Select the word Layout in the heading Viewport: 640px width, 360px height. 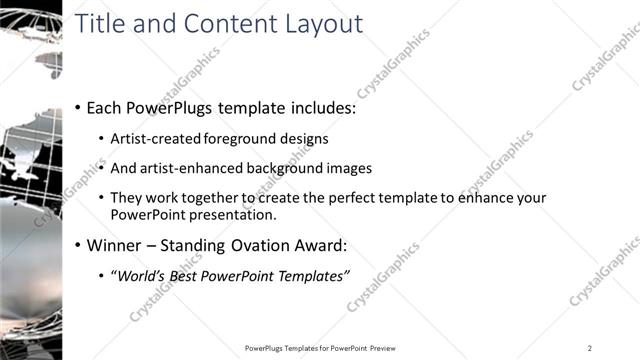pyautogui.click(x=321, y=24)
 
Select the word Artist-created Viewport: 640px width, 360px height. pyautogui.click(x=155, y=139)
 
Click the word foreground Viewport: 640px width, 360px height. pyautogui.click(x=237, y=139)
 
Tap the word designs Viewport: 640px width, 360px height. pyautogui.click(x=300, y=139)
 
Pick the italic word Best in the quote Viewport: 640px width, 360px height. pyautogui.click(x=197, y=276)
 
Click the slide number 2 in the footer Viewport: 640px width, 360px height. pyautogui.click(x=590, y=348)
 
